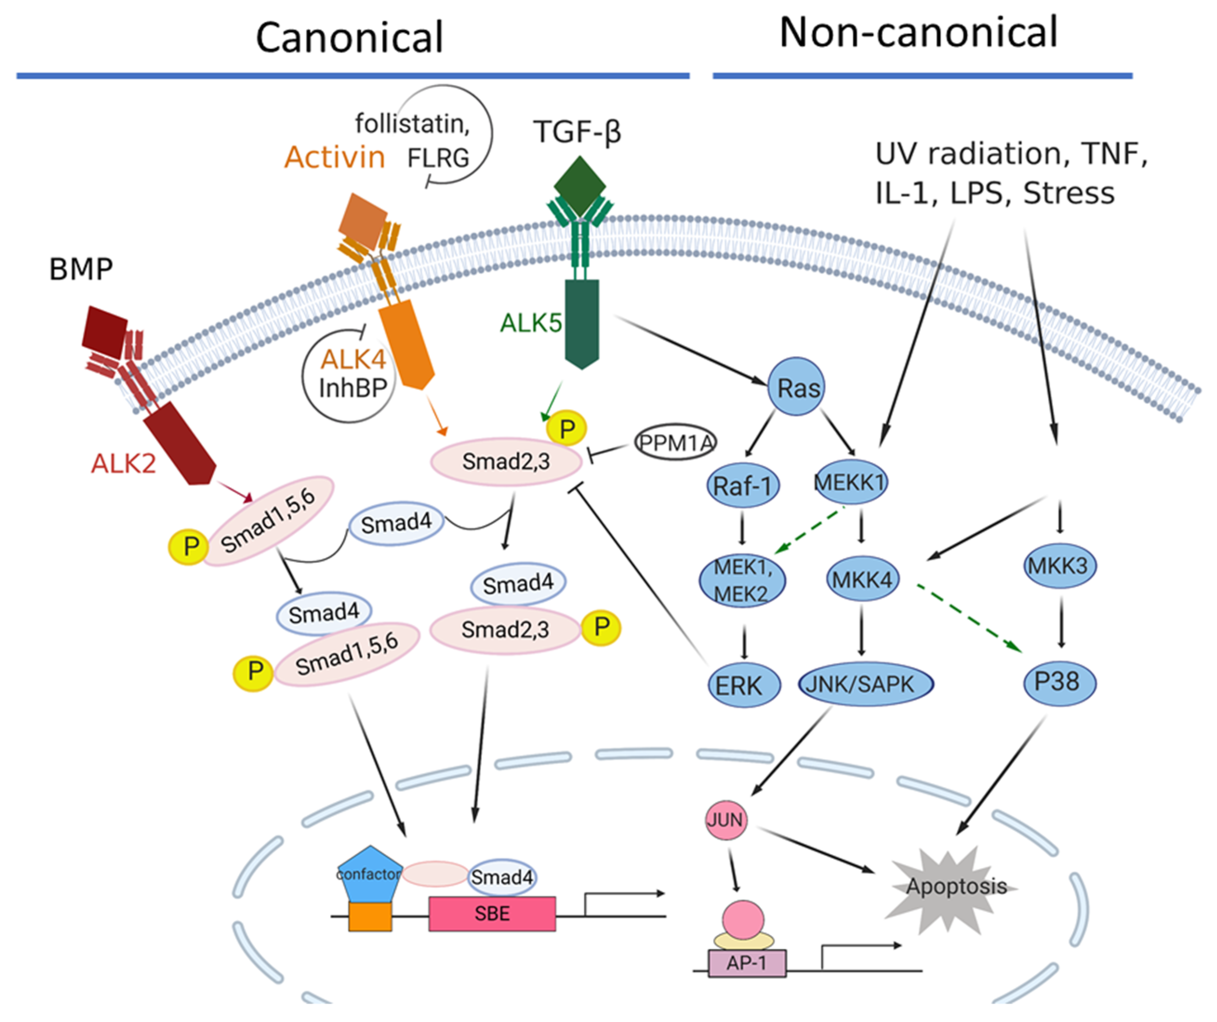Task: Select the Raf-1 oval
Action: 742,486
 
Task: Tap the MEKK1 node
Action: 850,482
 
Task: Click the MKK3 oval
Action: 1059,565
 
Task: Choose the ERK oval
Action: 743,685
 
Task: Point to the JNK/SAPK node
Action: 865,684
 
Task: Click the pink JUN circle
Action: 726,820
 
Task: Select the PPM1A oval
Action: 675,443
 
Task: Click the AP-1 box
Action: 747,963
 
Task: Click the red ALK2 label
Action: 124,464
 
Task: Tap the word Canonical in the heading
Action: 350,38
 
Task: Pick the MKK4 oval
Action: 861,579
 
